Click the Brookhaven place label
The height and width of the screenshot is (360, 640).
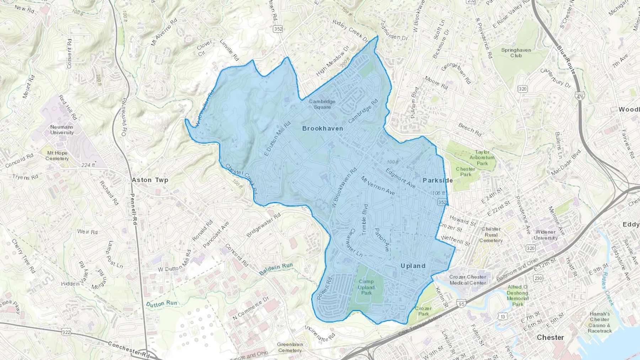click(322, 128)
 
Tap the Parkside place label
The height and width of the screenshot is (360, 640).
click(438, 180)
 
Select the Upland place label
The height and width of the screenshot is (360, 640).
click(413, 266)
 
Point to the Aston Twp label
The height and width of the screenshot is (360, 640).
click(150, 180)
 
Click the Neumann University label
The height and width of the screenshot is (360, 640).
click(62, 130)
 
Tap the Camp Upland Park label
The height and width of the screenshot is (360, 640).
click(366, 287)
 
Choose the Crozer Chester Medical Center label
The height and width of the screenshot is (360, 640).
click(468, 280)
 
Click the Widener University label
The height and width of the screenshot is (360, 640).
click(545, 235)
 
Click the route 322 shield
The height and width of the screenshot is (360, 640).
click(66, 332)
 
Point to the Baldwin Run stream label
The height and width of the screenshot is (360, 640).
click(276, 269)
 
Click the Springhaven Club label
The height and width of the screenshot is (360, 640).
click(516, 53)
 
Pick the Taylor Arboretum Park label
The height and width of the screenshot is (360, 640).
click(482, 158)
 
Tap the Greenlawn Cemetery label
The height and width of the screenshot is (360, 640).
click(290, 347)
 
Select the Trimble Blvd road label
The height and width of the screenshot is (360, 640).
click(364, 219)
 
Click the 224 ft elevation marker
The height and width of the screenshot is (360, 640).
click(88, 165)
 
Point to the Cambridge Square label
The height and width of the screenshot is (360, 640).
click(322, 104)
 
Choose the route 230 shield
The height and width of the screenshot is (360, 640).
click(538, 278)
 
